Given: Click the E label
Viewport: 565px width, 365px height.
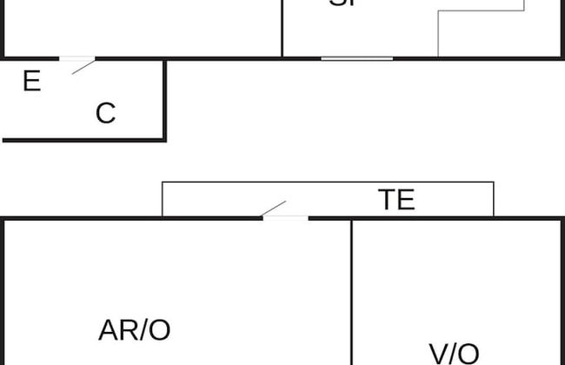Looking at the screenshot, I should (x=31, y=82).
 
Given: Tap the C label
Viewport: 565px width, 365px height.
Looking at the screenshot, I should (x=105, y=113).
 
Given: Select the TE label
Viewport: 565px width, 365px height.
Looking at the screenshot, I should (x=396, y=200).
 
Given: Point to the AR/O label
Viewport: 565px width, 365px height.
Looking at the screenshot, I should (x=135, y=330).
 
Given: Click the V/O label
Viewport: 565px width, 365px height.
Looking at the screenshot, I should (x=455, y=354).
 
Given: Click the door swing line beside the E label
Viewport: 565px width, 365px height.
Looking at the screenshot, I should (x=83, y=66).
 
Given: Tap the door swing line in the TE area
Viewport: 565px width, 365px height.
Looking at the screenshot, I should (x=274, y=209).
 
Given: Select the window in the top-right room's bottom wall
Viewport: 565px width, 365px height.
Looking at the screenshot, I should (x=356, y=58).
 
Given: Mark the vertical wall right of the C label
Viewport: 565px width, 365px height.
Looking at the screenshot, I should (x=164, y=99).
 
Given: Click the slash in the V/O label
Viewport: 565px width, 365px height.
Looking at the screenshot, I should (x=452, y=354).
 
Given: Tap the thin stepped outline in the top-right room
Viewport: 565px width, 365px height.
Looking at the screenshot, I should (x=438, y=35).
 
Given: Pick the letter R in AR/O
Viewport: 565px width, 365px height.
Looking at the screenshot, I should (x=127, y=330).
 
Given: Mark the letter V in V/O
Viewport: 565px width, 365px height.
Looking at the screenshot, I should (x=439, y=354).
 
